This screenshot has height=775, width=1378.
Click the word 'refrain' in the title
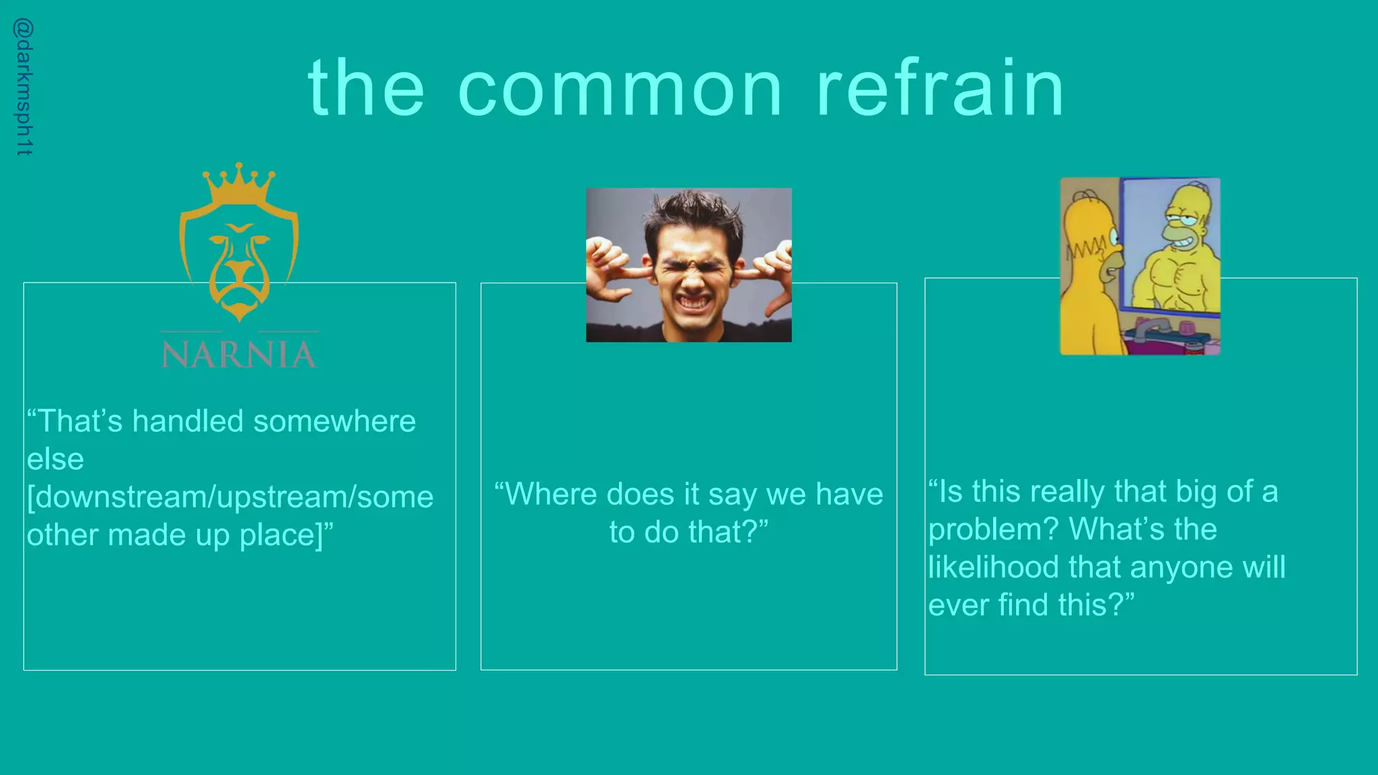[940, 87]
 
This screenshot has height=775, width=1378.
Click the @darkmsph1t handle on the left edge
[24, 87]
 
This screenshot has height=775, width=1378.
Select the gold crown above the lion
[239, 183]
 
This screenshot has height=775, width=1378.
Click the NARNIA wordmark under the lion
[239, 354]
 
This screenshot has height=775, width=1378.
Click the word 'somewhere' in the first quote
[334, 421]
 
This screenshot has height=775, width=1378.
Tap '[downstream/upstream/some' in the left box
[230, 497]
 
